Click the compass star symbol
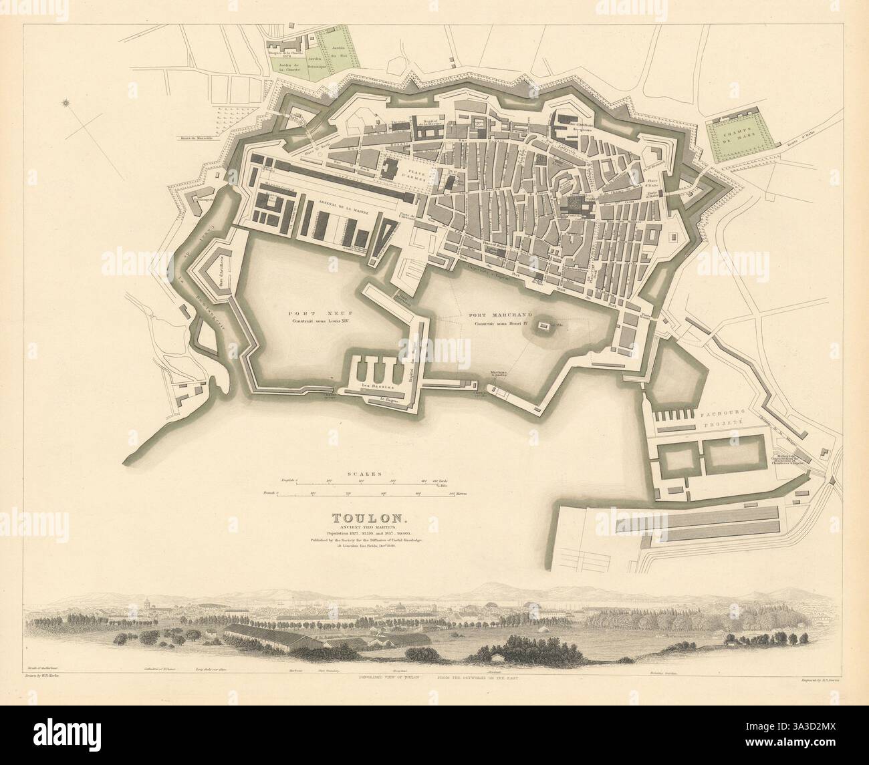(67, 103)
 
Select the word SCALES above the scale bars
(364, 473)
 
